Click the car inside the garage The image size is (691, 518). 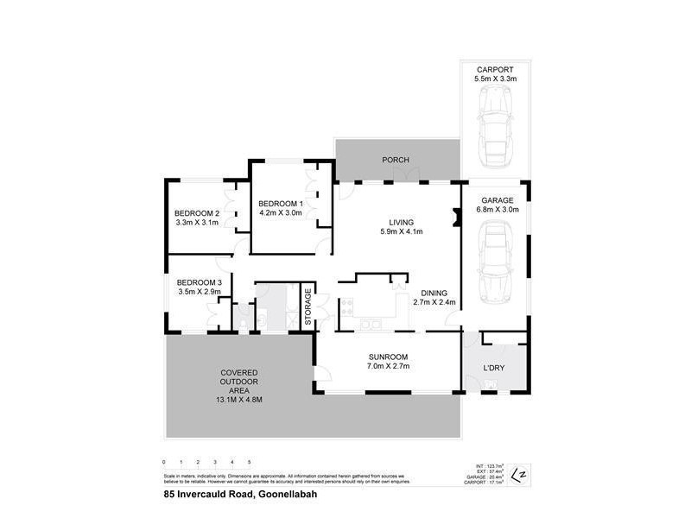click(x=495, y=259)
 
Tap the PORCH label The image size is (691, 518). click(x=396, y=160)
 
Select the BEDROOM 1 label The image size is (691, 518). click(x=281, y=203)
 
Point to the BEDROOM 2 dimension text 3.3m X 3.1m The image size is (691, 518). click(x=197, y=223)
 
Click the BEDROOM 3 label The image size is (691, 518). click(x=200, y=282)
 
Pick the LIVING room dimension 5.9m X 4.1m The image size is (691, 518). click(x=401, y=231)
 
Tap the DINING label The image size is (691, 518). click(x=433, y=292)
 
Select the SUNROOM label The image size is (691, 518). click(x=387, y=357)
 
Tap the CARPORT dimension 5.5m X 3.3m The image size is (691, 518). click(x=495, y=79)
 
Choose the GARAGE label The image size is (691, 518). click(x=497, y=199)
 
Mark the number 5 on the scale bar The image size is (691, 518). click(x=249, y=463)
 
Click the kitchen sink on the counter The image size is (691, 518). click(x=371, y=324)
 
